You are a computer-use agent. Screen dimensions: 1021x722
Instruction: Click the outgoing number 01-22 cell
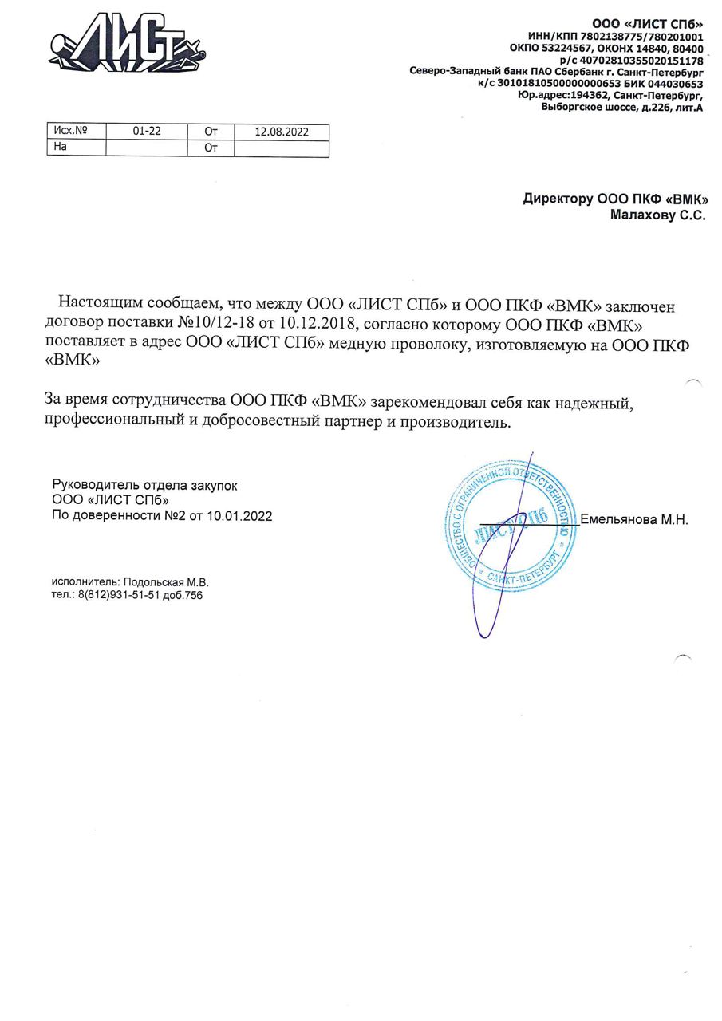147,132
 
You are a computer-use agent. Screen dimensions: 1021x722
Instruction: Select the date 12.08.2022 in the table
281,132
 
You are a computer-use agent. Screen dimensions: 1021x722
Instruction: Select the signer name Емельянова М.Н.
633,520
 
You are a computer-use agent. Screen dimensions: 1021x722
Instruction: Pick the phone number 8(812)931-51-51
118,595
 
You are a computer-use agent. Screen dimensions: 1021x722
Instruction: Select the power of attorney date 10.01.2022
239,516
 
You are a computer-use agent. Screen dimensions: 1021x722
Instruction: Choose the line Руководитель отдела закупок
144,485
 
